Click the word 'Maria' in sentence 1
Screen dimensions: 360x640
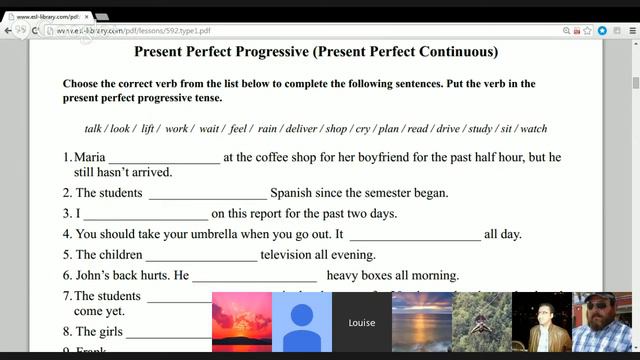(x=89, y=157)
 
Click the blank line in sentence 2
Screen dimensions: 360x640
(x=207, y=193)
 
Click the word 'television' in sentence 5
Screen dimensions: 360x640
(x=287, y=255)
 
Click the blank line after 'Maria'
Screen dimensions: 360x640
(x=163, y=157)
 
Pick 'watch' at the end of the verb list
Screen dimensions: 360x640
(x=534, y=129)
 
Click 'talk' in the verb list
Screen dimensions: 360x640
(x=93, y=129)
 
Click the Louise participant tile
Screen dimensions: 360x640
(x=361, y=322)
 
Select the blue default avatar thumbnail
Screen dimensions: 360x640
(x=301, y=322)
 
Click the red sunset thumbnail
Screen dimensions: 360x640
(x=241, y=322)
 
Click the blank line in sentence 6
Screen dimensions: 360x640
(x=254, y=275)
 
